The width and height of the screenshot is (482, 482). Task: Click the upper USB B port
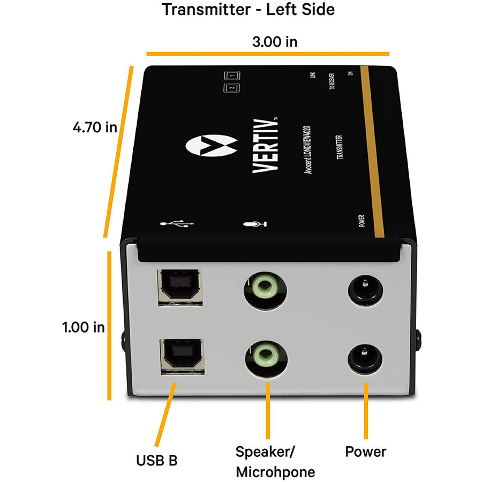(x=179, y=287)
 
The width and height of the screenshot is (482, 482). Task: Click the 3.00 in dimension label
(x=275, y=41)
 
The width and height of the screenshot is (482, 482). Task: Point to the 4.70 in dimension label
(x=95, y=127)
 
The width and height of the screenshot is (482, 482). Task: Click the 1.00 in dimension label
(x=83, y=327)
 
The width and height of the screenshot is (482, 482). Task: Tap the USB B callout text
(x=156, y=460)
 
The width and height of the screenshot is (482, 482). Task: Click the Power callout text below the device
(x=365, y=451)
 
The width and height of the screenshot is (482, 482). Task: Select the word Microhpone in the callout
(x=275, y=472)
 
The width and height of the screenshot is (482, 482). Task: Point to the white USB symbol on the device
(x=176, y=224)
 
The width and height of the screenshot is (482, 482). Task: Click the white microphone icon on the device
(x=254, y=224)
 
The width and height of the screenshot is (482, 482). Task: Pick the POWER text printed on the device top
(x=362, y=221)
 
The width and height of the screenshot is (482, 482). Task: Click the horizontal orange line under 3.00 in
(x=268, y=54)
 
